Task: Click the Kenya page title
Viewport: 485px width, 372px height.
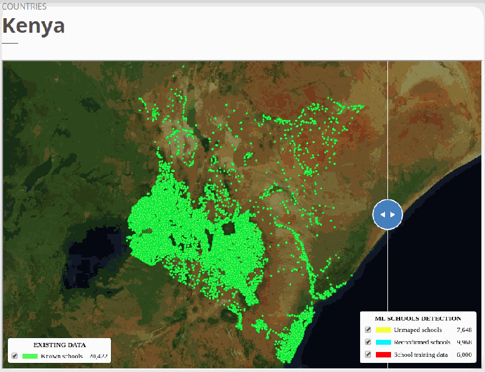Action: (33, 26)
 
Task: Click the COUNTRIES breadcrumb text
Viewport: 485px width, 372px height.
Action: (24, 7)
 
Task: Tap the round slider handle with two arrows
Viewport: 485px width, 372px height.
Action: (388, 214)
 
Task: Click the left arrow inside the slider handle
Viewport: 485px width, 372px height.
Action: (383, 214)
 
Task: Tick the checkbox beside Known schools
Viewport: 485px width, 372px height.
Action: (15, 356)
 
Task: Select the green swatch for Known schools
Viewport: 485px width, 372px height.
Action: (30, 356)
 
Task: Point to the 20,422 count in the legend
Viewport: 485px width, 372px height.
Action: (98, 356)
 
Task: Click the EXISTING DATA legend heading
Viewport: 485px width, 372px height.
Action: (59, 345)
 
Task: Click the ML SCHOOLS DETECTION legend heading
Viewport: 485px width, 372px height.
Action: (418, 318)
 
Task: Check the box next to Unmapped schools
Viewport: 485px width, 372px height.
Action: (368, 330)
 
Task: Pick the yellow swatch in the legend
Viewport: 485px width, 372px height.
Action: (383, 330)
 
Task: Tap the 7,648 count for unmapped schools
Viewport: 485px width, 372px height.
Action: (464, 330)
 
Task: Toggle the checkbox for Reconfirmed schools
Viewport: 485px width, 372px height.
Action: (368, 342)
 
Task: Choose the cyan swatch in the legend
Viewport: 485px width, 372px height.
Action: (383, 342)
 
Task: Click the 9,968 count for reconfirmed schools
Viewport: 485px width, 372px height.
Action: (464, 342)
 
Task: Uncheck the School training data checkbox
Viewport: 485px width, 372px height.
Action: (368, 354)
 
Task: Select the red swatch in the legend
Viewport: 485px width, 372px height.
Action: (383, 354)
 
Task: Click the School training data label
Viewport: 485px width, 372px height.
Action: (422, 354)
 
